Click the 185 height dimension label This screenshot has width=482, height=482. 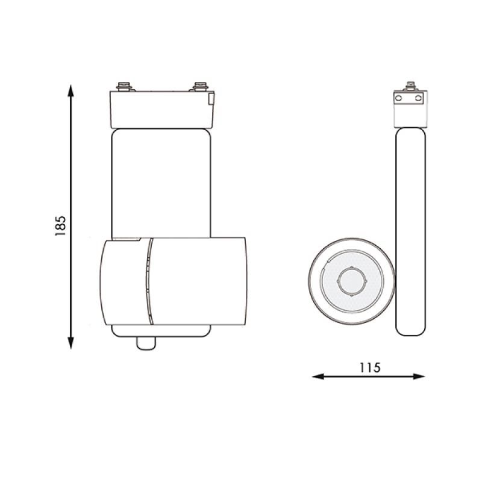(61, 225)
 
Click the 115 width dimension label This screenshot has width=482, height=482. (370, 368)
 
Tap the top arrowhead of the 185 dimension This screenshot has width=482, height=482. (71, 91)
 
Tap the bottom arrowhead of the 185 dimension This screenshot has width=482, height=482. (71, 343)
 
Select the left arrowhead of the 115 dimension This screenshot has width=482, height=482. (318, 376)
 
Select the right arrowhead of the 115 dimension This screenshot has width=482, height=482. (419, 376)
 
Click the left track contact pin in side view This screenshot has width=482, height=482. (124, 86)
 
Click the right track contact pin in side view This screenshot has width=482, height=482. (201, 86)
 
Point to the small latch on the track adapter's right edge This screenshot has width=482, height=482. (211, 99)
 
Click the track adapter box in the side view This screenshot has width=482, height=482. (162, 110)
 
